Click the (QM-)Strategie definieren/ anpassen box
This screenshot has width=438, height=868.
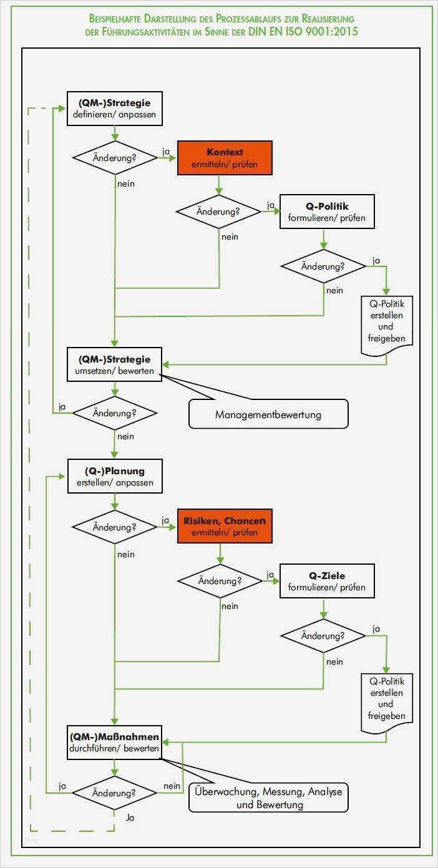114,109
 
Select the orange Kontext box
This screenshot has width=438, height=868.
225,158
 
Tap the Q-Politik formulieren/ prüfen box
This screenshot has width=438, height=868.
326,212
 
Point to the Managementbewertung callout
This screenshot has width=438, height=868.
268,414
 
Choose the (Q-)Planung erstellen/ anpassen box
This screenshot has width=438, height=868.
114,476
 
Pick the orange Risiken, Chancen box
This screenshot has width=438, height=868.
225,526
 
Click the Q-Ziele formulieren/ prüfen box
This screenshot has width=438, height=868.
326,581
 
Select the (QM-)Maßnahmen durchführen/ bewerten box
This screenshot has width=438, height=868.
114,742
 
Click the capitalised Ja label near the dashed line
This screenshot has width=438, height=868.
130,817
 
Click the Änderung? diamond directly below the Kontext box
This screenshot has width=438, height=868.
218,212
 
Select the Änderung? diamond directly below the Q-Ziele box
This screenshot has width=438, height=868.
323,636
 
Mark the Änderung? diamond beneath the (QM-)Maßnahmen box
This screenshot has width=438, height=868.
114,792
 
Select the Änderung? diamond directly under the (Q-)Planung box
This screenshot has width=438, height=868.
114,527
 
